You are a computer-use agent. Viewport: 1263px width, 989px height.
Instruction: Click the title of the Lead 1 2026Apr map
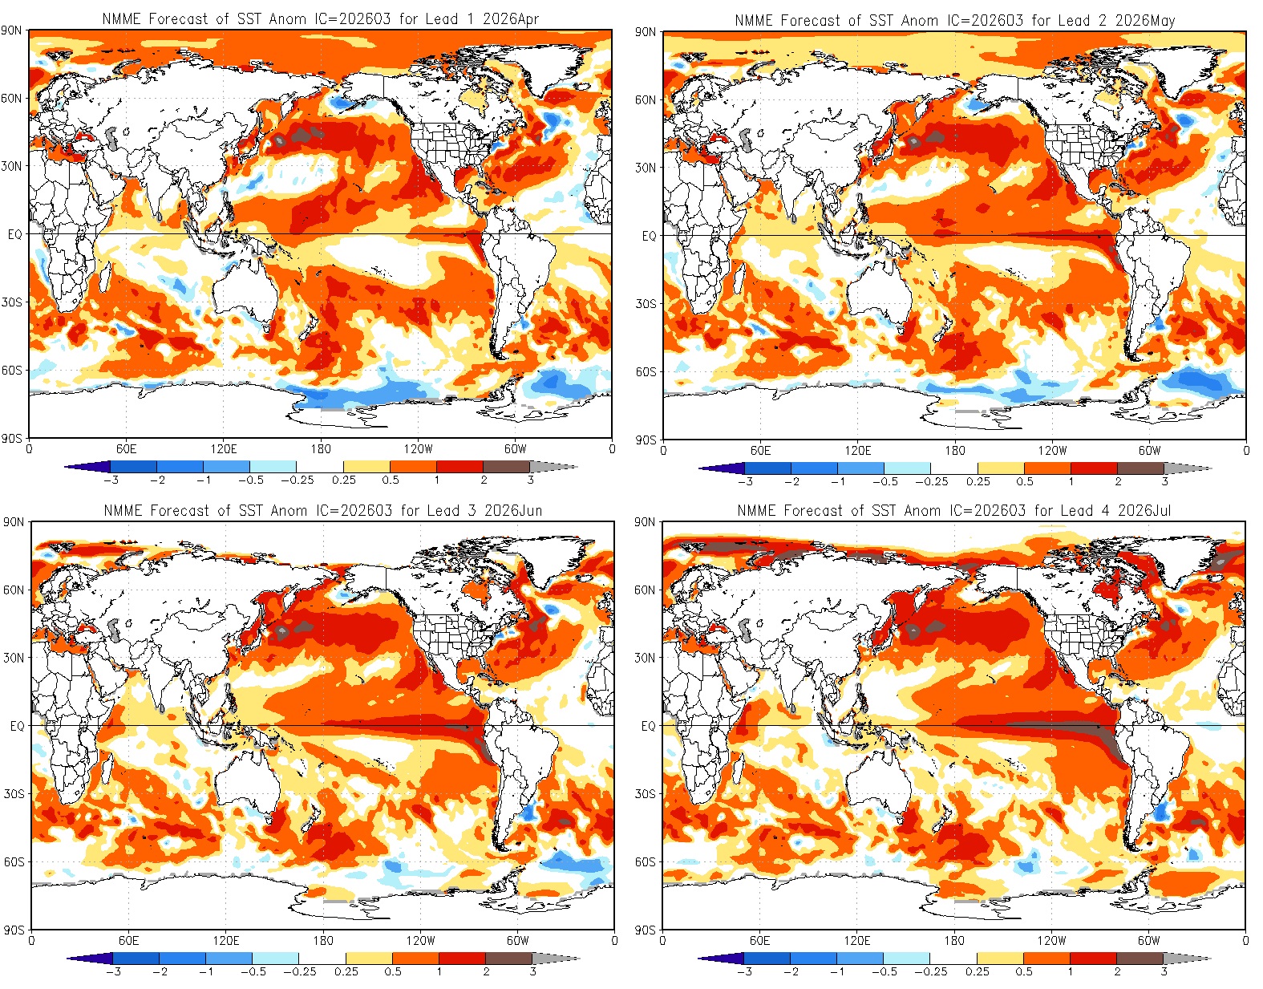[x=320, y=18]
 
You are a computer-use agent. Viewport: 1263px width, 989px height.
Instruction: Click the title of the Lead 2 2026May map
[x=954, y=20]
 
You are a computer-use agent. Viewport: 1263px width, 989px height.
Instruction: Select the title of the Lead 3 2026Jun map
[x=322, y=510]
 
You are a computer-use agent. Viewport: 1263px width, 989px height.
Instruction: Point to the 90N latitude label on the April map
[x=12, y=31]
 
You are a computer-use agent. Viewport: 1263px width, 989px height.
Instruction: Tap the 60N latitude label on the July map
[x=645, y=590]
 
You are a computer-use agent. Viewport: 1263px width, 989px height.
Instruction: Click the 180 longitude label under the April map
[x=320, y=449]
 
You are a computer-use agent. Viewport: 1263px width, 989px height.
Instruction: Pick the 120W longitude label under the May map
[x=1052, y=451]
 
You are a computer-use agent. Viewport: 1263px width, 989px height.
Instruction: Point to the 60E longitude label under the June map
[x=128, y=940]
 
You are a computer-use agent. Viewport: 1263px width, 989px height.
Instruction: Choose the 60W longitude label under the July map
[x=1148, y=940]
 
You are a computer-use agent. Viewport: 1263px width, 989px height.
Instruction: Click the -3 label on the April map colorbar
[x=111, y=480]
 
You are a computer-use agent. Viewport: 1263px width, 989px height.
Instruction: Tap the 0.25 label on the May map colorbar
[x=978, y=482]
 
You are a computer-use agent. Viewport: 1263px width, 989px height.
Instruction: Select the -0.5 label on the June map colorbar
[x=253, y=971]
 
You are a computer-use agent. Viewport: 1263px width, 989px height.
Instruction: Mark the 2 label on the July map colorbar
[x=1116, y=971]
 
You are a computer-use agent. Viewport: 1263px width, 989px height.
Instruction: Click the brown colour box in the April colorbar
[x=506, y=466]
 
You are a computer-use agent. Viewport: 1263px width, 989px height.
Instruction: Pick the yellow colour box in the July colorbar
[x=1000, y=958]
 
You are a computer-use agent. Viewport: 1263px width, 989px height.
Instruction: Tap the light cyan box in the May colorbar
[x=907, y=468]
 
